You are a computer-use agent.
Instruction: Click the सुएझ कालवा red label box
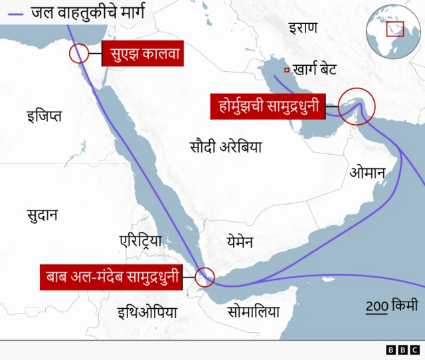[143, 53]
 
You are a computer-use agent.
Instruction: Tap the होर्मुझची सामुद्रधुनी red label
[269, 106]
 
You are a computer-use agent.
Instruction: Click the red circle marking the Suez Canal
[79, 53]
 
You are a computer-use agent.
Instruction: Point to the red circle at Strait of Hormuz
[357, 106]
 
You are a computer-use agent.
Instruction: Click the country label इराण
[303, 27]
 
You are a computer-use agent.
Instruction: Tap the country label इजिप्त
[44, 117]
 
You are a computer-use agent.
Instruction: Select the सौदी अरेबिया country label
[225, 147]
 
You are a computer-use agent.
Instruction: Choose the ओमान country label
[367, 173]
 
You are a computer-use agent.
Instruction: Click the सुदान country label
[42, 215]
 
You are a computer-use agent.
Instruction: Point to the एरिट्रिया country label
[140, 240]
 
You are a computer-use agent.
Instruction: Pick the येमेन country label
[239, 241]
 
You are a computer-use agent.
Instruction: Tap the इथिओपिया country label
[147, 312]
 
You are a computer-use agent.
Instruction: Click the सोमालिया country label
[253, 312]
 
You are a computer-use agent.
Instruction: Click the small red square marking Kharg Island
[286, 70]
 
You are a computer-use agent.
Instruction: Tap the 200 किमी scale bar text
[392, 306]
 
